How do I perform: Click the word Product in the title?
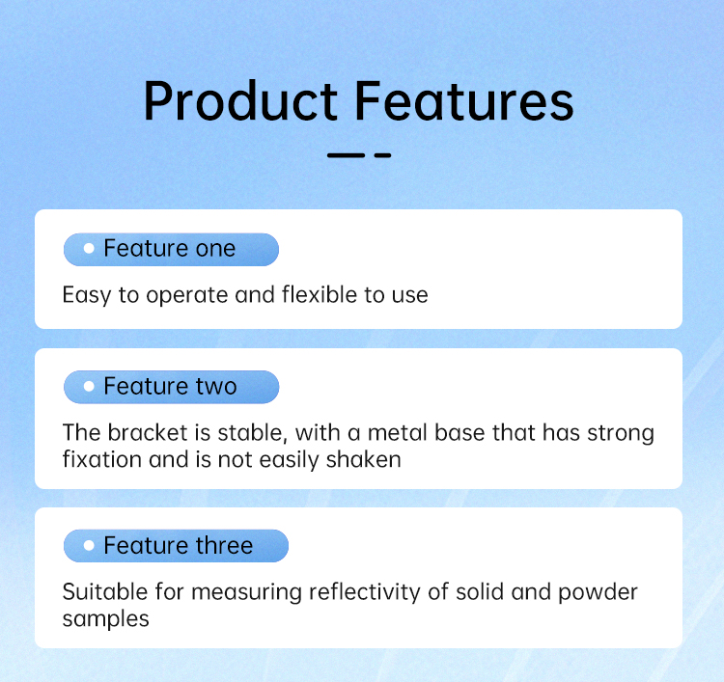tap(240, 100)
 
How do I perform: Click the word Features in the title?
tap(464, 100)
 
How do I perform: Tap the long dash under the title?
tap(346, 155)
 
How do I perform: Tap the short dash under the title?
tap(383, 155)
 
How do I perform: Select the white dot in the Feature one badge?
tap(89, 249)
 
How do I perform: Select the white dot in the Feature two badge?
tap(89, 386)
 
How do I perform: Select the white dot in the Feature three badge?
tap(89, 545)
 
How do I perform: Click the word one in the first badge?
tap(215, 249)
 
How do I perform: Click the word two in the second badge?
tap(216, 387)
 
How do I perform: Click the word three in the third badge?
tap(224, 545)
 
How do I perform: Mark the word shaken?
tap(363, 459)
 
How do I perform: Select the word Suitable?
tap(105, 591)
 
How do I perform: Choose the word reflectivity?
tap(365, 592)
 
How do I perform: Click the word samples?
tap(106, 619)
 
